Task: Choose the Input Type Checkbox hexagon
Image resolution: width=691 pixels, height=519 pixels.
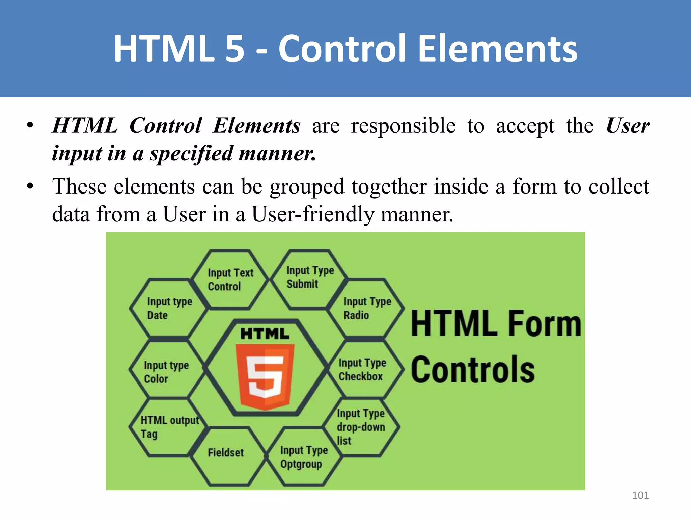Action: [363, 369]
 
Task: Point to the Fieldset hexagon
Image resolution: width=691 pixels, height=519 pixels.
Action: [226, 453]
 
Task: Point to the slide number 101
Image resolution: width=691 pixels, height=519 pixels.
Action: [640, 495]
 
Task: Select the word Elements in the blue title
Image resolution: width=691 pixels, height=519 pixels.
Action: [497, 49]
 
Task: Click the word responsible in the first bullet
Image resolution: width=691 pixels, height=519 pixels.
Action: [403, 126]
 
